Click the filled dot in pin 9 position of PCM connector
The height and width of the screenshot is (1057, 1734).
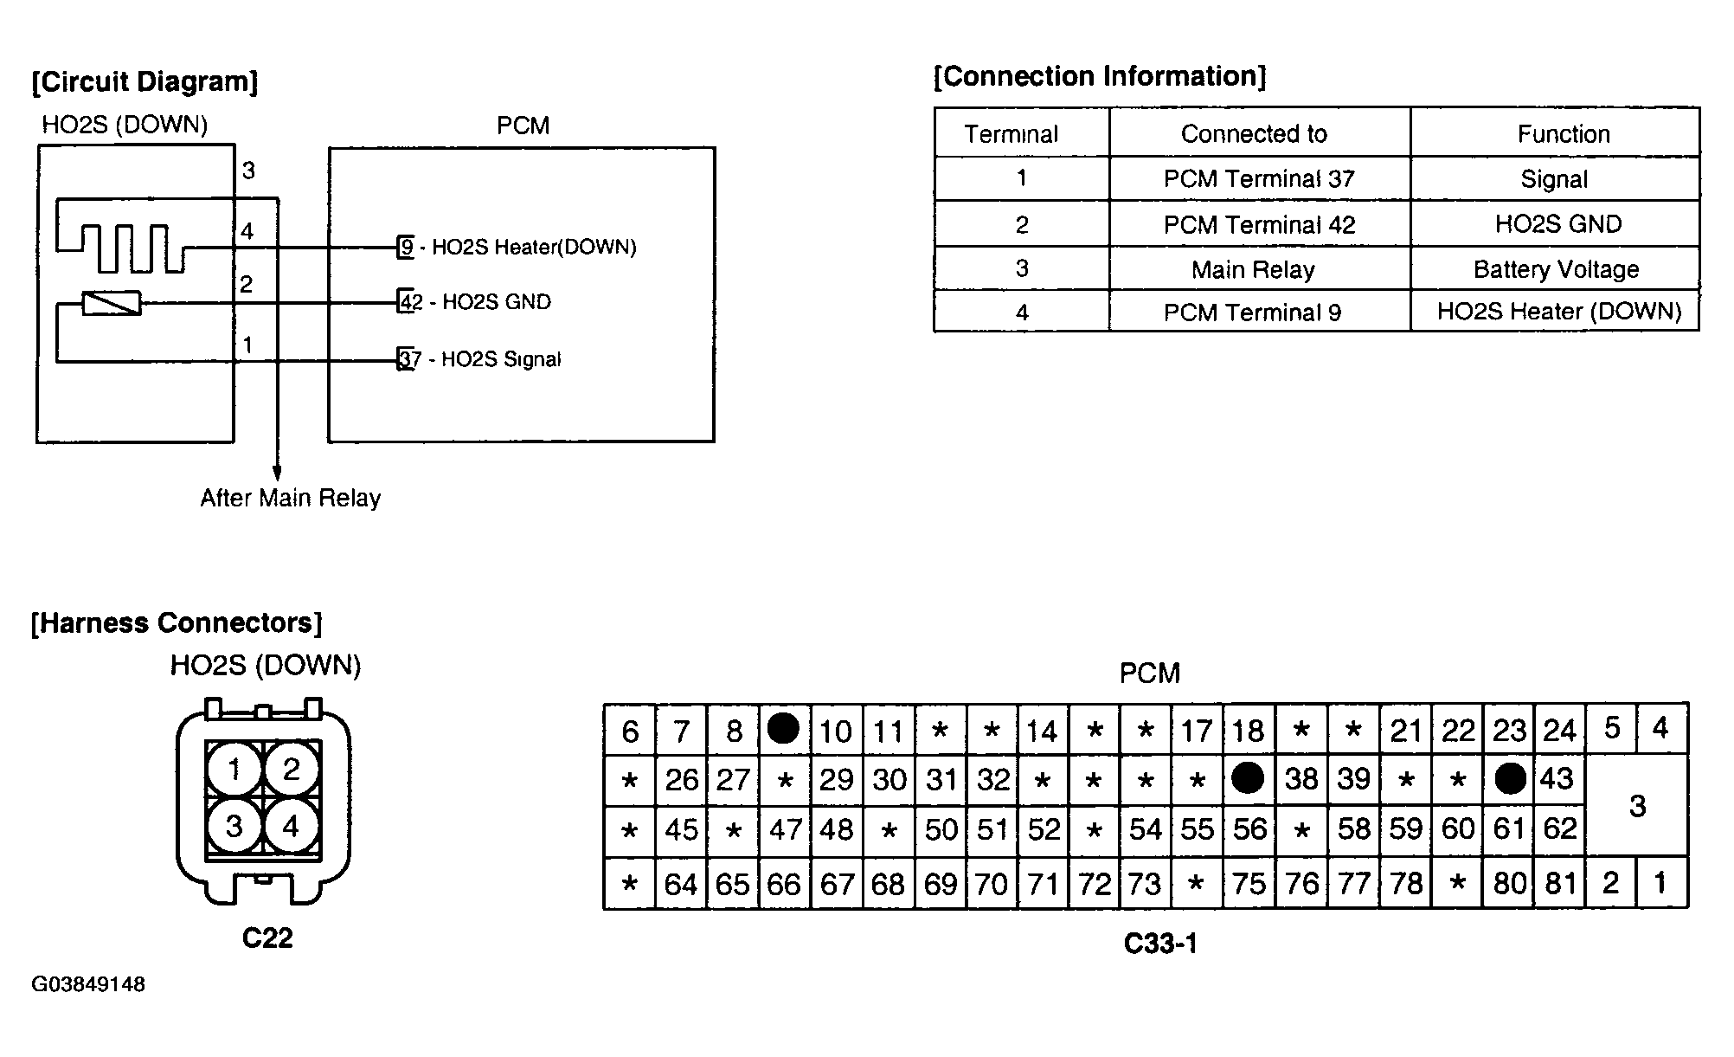tap(783, 729)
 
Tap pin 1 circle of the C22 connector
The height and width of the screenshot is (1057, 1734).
tap(234, 769)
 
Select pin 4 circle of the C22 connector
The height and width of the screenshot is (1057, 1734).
tap(292, 827)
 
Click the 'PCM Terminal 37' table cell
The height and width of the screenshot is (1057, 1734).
tap(1259, 179)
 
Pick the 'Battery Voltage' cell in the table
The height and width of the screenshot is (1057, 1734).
tap(1556, 269)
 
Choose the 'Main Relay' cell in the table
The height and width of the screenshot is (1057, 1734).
tap(1253, 270)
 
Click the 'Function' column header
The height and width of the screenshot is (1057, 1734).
tap(1564, 134)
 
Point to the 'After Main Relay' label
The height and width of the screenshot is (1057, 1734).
tap(291, 498)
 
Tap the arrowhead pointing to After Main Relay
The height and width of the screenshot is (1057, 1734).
tap(277, 473)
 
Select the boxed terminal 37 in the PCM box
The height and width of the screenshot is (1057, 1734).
tap(405, 358)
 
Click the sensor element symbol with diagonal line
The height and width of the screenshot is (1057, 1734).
tap(112, 303)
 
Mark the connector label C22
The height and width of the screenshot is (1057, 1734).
tap(267, 938)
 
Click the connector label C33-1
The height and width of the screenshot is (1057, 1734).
tap(1160, 943)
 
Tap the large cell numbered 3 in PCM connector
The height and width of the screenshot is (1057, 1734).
tap(1637, 806)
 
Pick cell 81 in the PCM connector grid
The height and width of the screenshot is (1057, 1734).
tap(1560, 883)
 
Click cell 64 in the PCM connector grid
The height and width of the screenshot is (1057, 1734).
tap(681, 884)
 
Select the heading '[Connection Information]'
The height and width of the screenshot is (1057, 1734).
tap(1100, 77)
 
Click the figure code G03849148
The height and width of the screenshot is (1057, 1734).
tap(88, 985)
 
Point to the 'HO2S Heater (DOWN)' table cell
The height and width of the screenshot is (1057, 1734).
tap(1559, 312)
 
